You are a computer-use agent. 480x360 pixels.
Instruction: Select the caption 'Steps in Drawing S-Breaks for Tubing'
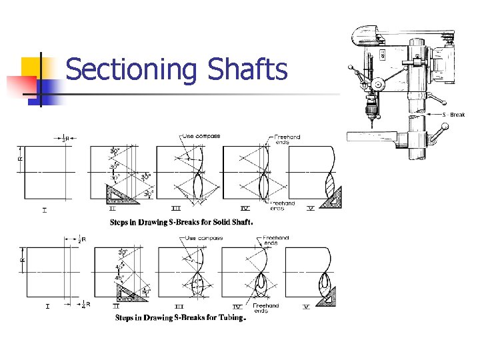[181, 318]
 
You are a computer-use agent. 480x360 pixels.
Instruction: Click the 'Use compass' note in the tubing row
[203, 237]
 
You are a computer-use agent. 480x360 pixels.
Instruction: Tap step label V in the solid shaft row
[311, 209]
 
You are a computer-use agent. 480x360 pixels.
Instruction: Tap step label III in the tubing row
[178, 307]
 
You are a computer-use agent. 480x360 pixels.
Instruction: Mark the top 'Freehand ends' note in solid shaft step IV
[287, 139]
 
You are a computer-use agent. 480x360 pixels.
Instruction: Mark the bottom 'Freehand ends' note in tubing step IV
[265, 307]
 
